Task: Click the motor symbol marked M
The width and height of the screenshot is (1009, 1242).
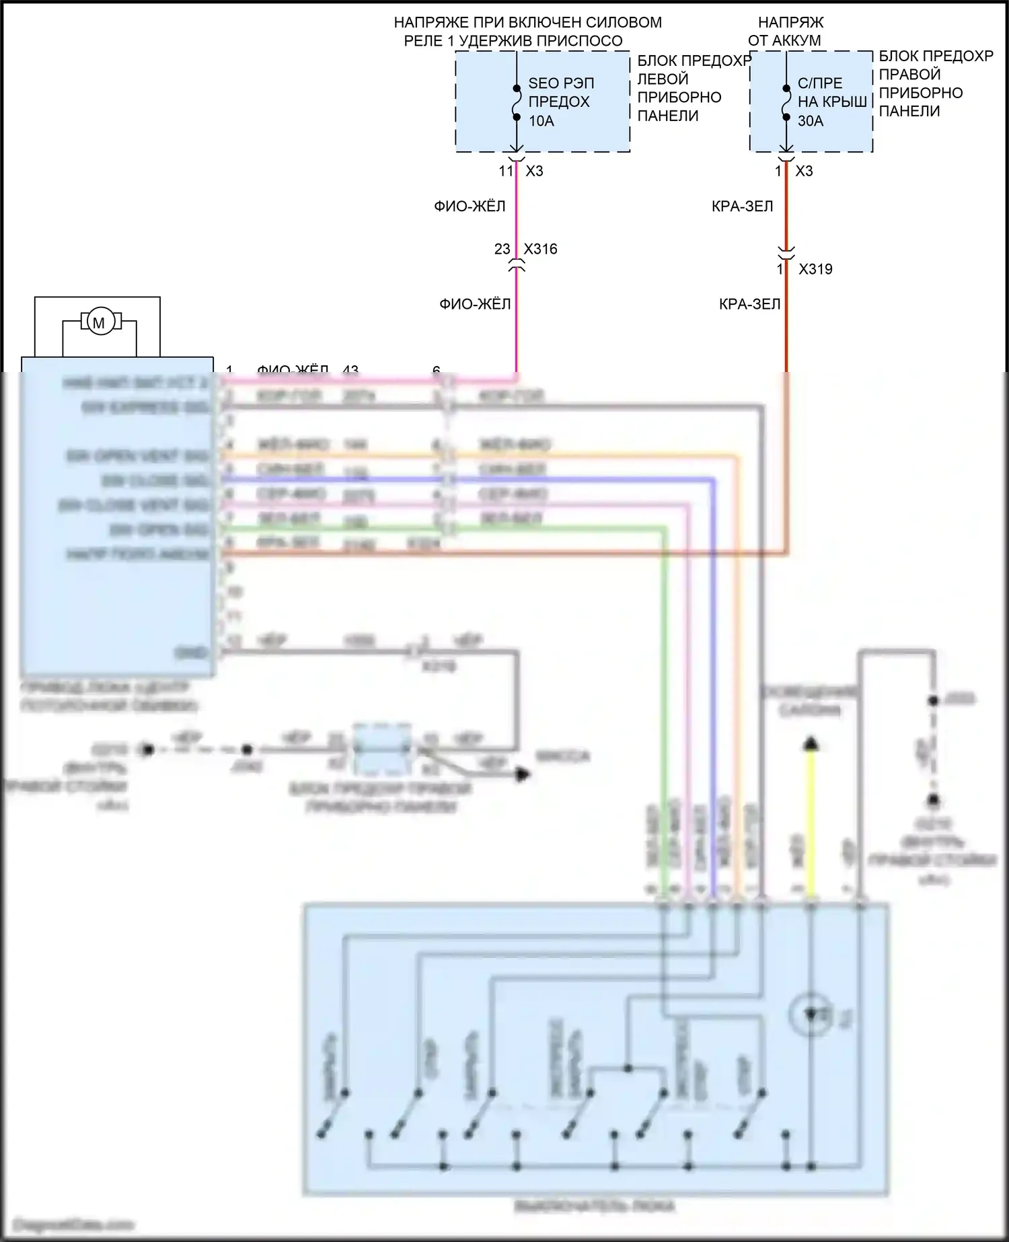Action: pyautogui.click(x=99, y=322)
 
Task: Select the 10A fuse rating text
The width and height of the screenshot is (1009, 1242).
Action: pyautogui.click(x=541, y=121)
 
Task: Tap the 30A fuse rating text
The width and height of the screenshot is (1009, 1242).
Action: pyautogui.click(x=811, y=121)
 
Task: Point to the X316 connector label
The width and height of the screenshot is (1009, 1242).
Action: pyautogui.click(x=541, y=249)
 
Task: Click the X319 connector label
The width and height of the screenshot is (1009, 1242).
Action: pyautogui.click(x=815, y=269)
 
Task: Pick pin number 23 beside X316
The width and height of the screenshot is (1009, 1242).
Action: pyautogui.click(x=502, y=249)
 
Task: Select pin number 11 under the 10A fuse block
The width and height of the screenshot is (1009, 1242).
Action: pyautogui.click(x=506, y=171)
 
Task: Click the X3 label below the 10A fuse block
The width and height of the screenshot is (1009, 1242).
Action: pyautogui.click(x=534, y=171)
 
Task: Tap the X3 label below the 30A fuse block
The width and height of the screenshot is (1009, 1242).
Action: pyautogui.click(x=804, y=171)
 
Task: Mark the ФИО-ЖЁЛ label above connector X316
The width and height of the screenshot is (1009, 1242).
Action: pyautogui.click(x=470, y=206)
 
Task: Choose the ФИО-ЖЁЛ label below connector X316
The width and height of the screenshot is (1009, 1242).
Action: pyautogui.click(x=475, y=304)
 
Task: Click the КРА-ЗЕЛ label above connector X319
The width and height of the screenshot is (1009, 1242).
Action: pyautogui.click(x=742, y=206)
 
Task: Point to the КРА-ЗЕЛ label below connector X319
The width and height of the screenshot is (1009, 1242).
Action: pyautogui.click(x=749, y=304)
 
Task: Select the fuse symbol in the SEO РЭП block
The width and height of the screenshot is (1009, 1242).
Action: pyautogui.click(x=516, y=102)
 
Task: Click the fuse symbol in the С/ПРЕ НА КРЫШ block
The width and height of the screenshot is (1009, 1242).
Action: pyautogui.click(x=786, y=102)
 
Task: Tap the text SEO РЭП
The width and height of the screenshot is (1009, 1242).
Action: pyautogui.click(x=561, y=83)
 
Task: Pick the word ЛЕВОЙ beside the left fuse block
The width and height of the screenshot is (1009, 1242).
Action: pyautogui.click(x=663, y=79)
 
